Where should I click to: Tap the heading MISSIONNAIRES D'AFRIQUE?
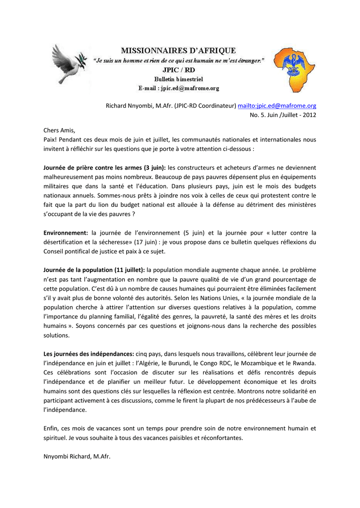coord(179,50)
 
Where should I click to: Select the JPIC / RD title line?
coord(179,69)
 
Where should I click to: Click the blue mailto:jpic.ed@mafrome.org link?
coord(277,106)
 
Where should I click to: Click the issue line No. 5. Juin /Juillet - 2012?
coord(283,115)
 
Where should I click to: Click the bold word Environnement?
coord(66,232)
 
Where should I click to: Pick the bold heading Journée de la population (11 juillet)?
coord(94,270)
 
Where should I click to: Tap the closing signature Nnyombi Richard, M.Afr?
coord(76,456)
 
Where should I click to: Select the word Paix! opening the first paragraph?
coord(51,140)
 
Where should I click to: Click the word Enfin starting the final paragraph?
coord(52,428)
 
